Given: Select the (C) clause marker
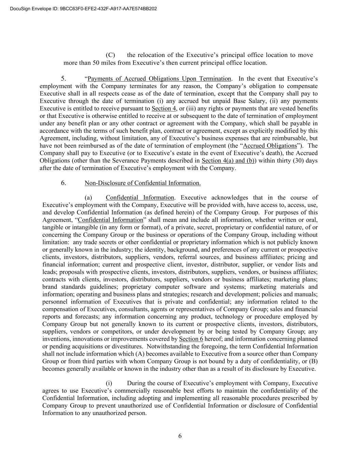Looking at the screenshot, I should [110, 55].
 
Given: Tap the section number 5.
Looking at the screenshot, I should [63, 79].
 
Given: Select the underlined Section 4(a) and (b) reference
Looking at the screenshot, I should [228, 161].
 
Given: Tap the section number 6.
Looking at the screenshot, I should [63, 183].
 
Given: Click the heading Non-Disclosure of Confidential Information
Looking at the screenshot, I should [143, 183].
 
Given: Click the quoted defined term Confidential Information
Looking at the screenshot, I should [110, 220].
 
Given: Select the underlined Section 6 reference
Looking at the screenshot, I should [191, 339].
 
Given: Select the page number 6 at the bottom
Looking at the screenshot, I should [180, 436].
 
